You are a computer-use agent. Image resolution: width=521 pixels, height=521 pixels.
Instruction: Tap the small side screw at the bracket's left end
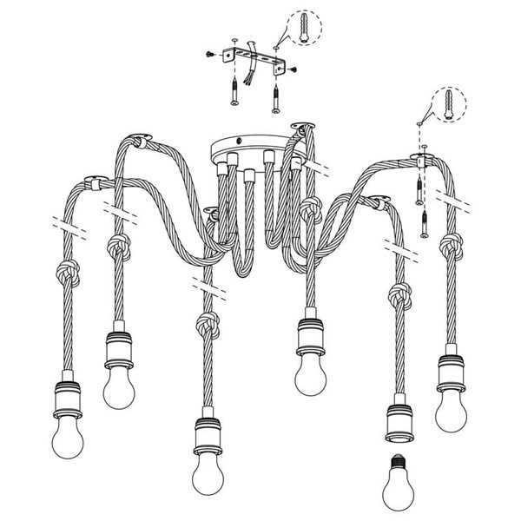coord(212,54)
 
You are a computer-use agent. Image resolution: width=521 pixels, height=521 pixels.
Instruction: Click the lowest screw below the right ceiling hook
coord(424,226)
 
